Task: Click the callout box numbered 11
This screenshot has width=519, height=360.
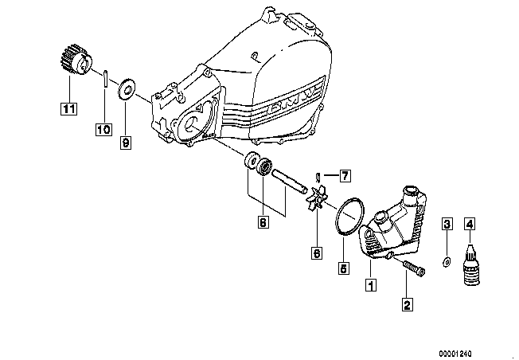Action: pyautogui.click(x=68, y=108)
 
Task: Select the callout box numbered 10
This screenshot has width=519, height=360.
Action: pyautogui.click(x=103, y=129)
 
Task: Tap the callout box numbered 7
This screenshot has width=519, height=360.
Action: pyautogui.click(x=345, y=175)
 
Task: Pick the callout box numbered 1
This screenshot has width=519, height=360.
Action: pyautogui.click(x=371, y=285)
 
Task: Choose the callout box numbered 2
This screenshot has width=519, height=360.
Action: pyautogui.click(x=407, y=304)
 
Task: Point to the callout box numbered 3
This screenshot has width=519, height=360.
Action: pyautogui.click(x=447, y=225)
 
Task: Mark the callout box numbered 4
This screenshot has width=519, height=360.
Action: pyautogui.click(x=470, y=225)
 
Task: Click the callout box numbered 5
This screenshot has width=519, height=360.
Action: pyautogui.click(x=344, y=268)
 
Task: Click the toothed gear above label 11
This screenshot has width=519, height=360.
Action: pyautogui.click(x=76, y=61)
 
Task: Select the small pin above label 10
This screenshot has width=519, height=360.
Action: pyautogui.click(x=105, y=78)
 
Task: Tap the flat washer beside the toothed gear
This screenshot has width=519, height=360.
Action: pyautogui.click(x=126, y=89)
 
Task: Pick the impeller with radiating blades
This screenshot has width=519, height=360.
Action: pyautogui.click(x=316, y=198)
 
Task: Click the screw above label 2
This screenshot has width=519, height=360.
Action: pyautogui.click(x=414, y=268)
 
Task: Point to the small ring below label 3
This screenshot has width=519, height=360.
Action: pyautogui.click(x=447, y=261)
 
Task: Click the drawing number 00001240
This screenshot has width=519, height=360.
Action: pyautogui.click(x=455, y=354)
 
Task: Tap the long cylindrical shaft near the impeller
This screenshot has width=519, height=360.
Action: pyautogui.click(x=289, y=182)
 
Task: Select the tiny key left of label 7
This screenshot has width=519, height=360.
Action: pyautogui.click(x=318, y=178)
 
